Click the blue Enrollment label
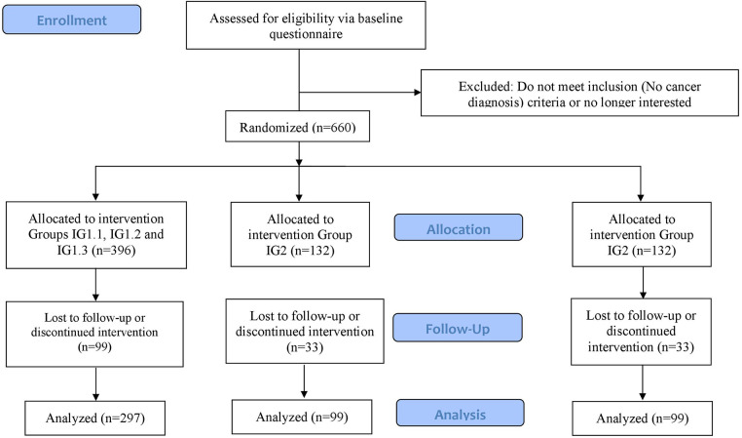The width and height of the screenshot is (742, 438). click(71, 20)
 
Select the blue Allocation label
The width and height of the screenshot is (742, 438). click(459, 227)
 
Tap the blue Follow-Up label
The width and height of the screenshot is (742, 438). click(458, 328)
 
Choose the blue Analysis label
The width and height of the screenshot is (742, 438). click(460, 413)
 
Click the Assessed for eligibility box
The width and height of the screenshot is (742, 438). click(306, 25)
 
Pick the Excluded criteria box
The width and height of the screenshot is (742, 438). click(579, 93)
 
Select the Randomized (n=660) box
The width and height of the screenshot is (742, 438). click(297, 127)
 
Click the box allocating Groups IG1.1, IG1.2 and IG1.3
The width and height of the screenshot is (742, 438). click(96, 235)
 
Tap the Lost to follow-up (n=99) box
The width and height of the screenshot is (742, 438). click(94, 334)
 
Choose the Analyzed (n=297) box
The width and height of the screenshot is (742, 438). click(95, 418)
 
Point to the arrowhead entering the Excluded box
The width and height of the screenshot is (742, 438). click(418, 92)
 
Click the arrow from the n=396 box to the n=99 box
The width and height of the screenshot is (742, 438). click(95, 285)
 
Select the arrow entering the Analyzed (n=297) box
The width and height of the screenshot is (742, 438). click(95, 384)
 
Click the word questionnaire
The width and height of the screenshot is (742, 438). click(306, 34)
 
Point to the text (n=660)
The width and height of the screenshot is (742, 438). click(334, 128)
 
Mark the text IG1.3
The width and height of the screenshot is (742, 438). click(72, 250)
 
